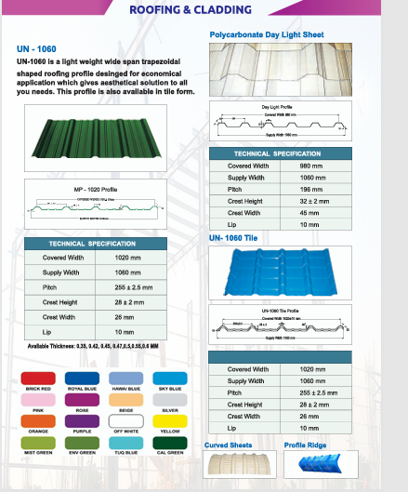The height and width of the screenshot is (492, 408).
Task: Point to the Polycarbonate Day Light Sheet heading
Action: pos(266,33)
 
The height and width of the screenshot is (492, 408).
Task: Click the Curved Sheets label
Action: pos(228,445)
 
